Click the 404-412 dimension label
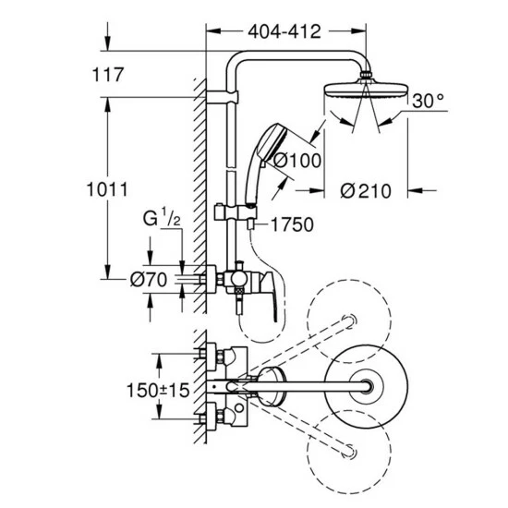284,32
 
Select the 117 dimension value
109,77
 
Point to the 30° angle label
428,100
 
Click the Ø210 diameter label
366,191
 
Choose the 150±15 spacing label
158,391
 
